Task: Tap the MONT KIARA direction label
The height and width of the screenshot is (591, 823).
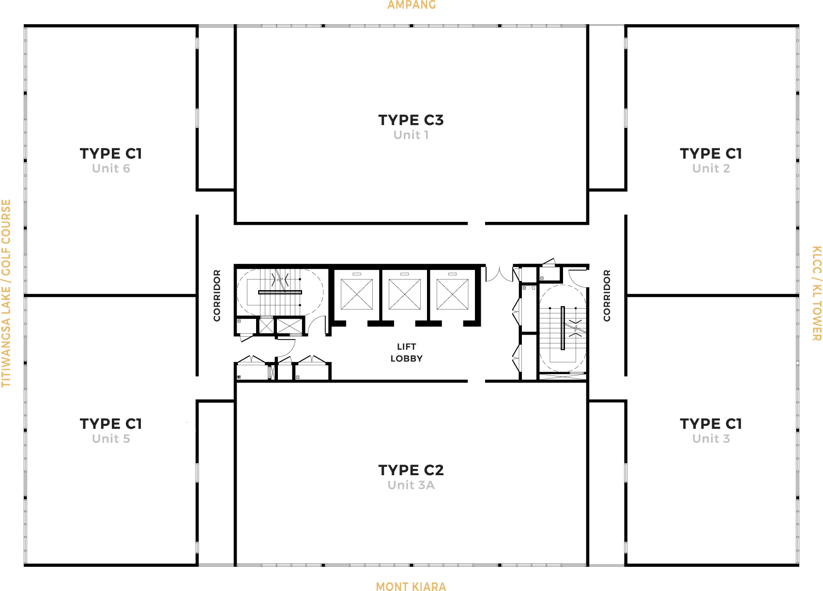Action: pos(411,587)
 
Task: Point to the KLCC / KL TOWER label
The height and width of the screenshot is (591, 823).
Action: pos(816,293)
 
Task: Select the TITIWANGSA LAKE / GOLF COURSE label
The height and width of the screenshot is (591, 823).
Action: pos(6,293)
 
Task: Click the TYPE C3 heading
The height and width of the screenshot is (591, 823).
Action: pos(411,120)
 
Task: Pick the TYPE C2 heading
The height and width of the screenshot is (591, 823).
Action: pos(411,470)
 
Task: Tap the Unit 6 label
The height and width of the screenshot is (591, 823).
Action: pos(111,168)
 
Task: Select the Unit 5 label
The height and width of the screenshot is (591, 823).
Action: pos(111,438)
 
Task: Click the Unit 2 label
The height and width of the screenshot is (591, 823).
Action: pos(711,168)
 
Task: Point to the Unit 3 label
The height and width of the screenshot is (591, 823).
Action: pos(711,438)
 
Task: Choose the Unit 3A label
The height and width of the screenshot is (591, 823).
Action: pos(411,485)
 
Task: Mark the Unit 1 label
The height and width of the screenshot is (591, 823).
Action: pos(411,135)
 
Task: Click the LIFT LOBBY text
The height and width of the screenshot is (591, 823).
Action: pos(406,353)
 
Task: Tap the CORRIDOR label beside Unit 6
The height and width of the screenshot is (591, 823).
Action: pos(217,295)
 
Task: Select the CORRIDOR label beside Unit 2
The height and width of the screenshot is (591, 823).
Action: pos(607,295)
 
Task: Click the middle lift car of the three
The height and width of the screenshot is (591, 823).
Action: pos(405,295)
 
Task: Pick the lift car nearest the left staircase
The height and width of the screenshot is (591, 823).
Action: pos(357,295)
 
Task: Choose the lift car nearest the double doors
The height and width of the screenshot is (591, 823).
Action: pos(452,295)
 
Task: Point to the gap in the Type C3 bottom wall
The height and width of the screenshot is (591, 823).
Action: pos(476,223)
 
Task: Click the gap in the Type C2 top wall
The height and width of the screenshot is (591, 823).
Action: pos(476,381)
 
